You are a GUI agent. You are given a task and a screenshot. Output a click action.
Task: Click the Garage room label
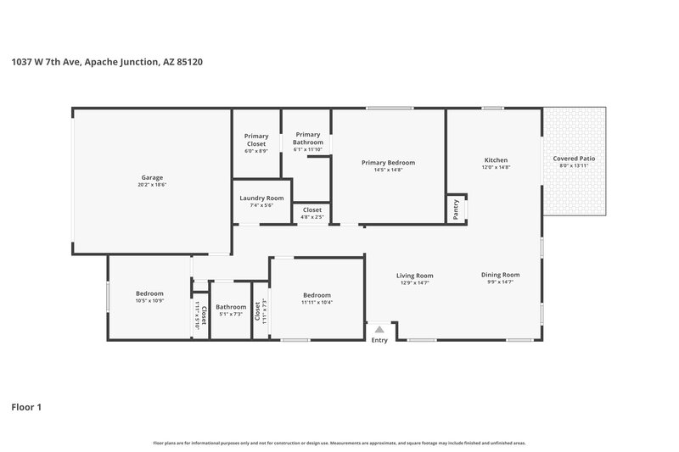pos(152,177)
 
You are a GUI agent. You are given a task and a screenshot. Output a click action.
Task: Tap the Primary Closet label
pos(256,140)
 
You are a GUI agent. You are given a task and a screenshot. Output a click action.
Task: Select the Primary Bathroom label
pos(308,138)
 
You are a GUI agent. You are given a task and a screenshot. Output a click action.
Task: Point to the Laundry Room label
pos(261,198)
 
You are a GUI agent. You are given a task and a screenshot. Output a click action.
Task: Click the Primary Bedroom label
pos(388,162)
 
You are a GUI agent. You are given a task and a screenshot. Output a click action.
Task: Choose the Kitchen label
pos(496,160)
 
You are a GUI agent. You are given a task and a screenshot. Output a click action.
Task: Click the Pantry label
pos(456,209)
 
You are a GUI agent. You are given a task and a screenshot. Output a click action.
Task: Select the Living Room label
pos(415,275)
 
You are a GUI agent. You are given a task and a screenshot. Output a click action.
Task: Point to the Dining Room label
pos(500,275)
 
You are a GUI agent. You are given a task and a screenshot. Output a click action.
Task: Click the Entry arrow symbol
pos(379,329)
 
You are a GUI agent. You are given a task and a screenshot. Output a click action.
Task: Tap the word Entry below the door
pos(379,340)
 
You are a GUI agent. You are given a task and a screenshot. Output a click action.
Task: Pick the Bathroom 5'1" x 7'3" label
pos(231,307)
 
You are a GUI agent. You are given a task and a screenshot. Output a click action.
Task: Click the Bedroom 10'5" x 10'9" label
pos(149,293)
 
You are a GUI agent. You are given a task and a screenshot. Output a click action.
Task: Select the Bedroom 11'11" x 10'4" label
pos(317,295)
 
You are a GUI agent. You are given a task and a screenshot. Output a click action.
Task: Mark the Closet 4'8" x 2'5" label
pos(311,209)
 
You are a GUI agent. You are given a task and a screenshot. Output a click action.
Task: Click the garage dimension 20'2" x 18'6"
pos(152,184)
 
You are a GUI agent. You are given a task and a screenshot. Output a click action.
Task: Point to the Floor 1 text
pos(26,407)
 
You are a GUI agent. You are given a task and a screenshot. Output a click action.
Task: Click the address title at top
pos(106,62)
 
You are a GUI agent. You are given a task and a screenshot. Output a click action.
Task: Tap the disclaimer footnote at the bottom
pos(339,443)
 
